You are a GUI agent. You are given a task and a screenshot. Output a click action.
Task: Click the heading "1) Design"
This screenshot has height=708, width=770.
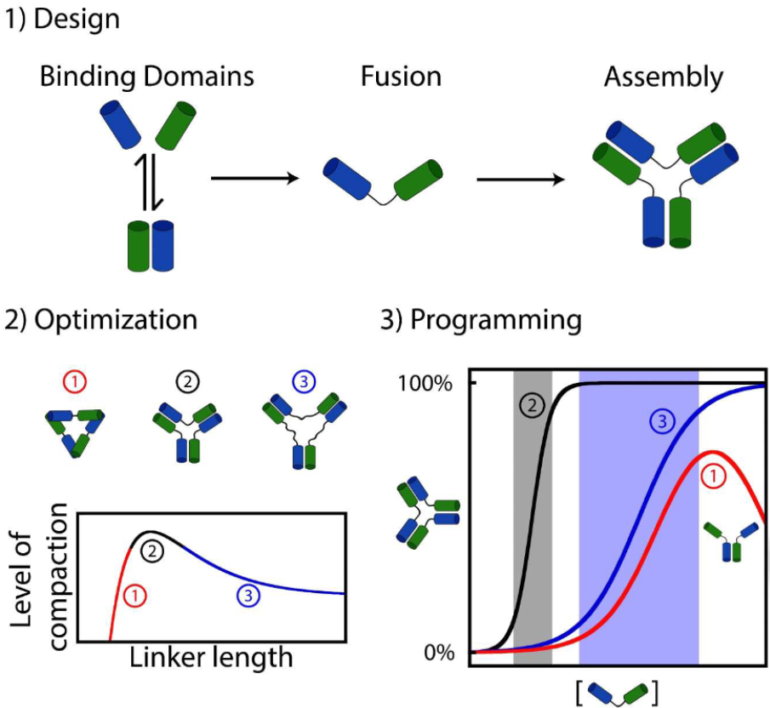click(x=62, y=20)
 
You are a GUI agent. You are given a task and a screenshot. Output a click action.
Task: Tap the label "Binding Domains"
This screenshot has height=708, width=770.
click(x=147, y=77)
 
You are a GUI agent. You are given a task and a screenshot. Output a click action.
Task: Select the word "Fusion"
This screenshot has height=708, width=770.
click(x=402, y=77)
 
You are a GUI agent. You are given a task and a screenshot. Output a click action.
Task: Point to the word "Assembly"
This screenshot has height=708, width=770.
click(x=664, y=77)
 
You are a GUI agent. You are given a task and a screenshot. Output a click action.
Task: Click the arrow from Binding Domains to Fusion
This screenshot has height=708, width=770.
click(x=255, y=178)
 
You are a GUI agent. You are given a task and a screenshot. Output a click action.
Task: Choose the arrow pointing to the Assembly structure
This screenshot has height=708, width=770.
click(x=521, y=180)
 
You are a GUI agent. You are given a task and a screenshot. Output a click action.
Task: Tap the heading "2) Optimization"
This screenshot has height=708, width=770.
click(x=101, y=320)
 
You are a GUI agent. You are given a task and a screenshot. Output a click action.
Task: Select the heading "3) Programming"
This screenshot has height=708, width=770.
click(x=482, y=320)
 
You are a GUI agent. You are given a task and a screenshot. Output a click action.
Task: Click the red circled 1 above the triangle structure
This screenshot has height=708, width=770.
click(x=75, y=382)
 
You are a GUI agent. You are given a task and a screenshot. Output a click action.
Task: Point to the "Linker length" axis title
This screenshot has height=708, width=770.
click(x=211, y=658)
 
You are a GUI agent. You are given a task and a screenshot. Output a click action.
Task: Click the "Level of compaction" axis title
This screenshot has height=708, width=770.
click(x=38, y=577)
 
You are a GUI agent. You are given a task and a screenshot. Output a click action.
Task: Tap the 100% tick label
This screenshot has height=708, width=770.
click(x=425, y=384)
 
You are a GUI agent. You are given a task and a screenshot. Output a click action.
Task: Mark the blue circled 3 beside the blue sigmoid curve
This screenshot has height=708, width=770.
click(x=662, y=421)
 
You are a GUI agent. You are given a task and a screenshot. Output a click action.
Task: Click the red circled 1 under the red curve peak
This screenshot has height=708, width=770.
click(x=713, y=477)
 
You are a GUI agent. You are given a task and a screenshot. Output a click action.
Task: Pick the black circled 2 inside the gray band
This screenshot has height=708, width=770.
click(x=532, y=405)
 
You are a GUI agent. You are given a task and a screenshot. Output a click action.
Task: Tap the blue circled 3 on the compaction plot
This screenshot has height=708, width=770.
click(x=248, y=596)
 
